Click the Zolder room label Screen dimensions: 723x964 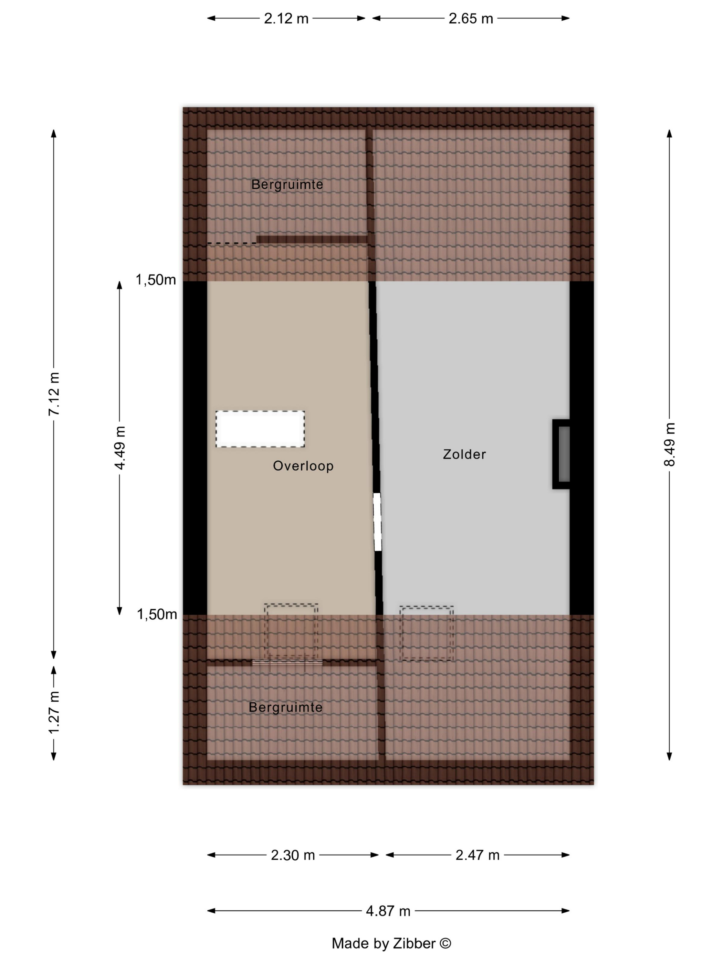click(464, 454)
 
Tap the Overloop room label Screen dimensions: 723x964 click(303, 466)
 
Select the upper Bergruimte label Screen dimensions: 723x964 click(287, 184)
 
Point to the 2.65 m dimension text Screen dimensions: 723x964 click(471, 18)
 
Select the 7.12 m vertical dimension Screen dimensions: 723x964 click(54, 394)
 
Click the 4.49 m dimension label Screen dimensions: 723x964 click(120, 448)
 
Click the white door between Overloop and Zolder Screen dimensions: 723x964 click(377, 522)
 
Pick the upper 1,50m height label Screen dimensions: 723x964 click(156, 280)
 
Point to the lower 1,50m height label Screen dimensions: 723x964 click(157, 615)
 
